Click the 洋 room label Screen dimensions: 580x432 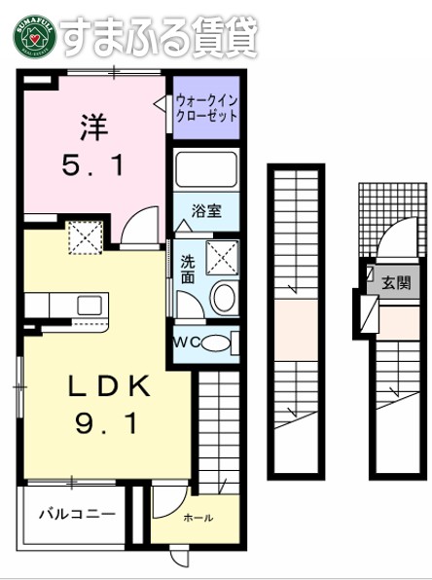pyautogui.click(x=92, y=127)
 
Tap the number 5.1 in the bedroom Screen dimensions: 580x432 pyautogui.click(x=94, y=166)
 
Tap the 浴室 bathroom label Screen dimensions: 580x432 pyautogui.click(x=205, y=209)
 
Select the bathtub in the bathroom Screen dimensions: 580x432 pyautogui.click(x=206, y=170)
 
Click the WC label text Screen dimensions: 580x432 pyautogui.click(x=188, y=342)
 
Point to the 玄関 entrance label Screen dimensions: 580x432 pyautogui.click(x=395, y=283)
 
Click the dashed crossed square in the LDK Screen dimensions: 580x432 pyautogui.click(x=84, y=236)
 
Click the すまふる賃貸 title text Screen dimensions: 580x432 pyautogui.click(x=161, y=36)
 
